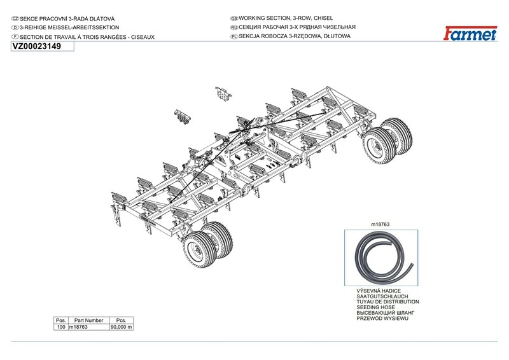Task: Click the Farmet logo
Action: pyautogui.click(x=471, y=34)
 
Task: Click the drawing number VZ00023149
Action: pyautogui.click(x=36, y=46)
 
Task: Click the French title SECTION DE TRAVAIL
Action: pyautogui.click(x=83, y=36)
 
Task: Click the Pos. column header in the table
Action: pyautogui.click(x=61, y=320)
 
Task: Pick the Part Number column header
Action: pyautogui.click(x=88, y=320)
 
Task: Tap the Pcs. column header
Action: pyautogui.click(x=121, y=320)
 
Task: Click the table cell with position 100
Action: pyautogui.click(x=61, y=327)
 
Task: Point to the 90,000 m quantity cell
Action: pyautogui.click(x=121, y=327)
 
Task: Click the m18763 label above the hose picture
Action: pyautogui.click(x=380, y=225)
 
